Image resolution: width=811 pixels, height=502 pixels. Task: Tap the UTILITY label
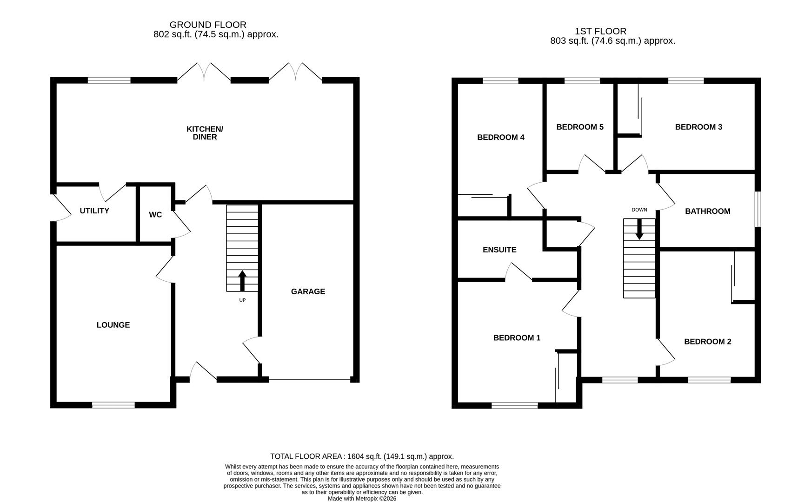point(94,211)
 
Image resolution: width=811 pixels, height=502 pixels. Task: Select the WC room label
point(155,215)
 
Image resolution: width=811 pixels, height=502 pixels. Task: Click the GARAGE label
point(308,291)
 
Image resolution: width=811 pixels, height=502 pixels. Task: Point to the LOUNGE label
point(113,325)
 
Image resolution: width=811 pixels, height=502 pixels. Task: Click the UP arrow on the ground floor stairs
point(242,281)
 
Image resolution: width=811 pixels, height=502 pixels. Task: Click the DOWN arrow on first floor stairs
point(639,229)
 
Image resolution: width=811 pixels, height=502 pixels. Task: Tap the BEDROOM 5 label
point(579,127)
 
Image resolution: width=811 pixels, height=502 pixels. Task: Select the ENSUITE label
point(499,250)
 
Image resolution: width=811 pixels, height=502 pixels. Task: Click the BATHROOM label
point(707,211)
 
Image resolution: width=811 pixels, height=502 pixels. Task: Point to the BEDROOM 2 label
point(707,342)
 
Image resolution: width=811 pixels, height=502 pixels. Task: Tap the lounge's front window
point(113,405)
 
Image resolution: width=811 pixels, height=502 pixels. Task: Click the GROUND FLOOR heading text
point(208,25)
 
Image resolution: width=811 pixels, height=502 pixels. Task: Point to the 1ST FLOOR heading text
point(600,31)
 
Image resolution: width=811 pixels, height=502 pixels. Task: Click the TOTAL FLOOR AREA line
point(362,456)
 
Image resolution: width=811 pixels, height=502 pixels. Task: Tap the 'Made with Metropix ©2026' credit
point(362,498)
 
